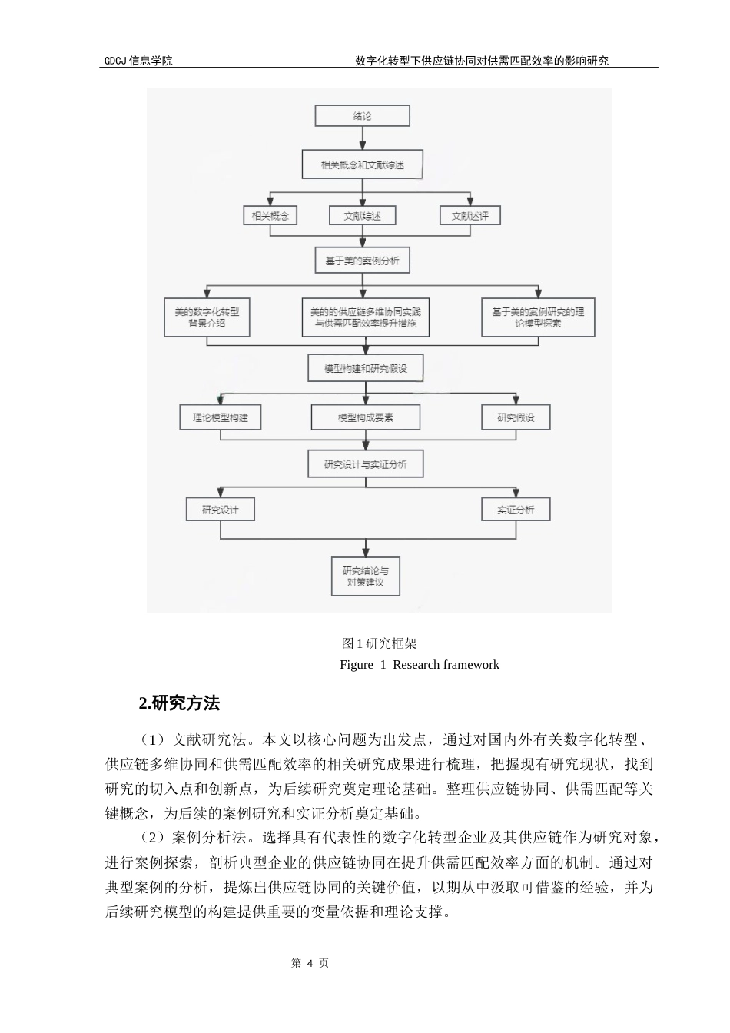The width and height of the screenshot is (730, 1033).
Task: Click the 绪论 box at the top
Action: pyautogui.click(x=362, y=116)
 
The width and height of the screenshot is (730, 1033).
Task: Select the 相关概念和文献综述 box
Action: pyautogui.click(x=362, y=164)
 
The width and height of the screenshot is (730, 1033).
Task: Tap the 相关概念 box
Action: pyautogui.click(x=270, y=216)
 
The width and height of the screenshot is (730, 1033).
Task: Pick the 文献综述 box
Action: pyautogui.click(x=362, y=216)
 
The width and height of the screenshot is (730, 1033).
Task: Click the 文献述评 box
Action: pyautogui.click(x=470, y=216)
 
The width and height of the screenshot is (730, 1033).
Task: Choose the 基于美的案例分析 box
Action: pyautogui.click(x=362, y=261)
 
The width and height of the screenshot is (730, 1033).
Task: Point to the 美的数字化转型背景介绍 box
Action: pyautogui.click(x=207, y=317)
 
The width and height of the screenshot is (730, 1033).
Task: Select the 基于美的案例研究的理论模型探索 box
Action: pyautogui.click(x=538, y=317)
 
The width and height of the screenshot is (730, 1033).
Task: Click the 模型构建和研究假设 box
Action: pyautogui.click(x=365, y=368)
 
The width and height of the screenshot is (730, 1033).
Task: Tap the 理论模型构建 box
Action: pyautogui.click(x=221, y=417)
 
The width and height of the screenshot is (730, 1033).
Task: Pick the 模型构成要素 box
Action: pyautogui.click(x=365, y=417)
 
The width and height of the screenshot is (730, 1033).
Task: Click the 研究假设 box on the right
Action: pyautogui.click(x=516, y=417)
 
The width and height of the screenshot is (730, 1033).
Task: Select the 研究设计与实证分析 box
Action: pyautogui.click(x=365, y=464)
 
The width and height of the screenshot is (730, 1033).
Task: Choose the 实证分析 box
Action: pyautogui.click(x=516, y=510)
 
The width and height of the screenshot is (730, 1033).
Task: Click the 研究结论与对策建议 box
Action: pyautogui.click(x=365, y=576)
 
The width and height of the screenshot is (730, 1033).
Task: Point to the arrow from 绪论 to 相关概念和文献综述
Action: pyautogui.click(x=362, y=139)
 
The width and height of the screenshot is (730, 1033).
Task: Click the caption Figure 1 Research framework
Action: pyautogui.click(x=419, y=665)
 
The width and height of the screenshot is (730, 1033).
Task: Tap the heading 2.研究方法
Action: pyautogui.click(x=179, y=703)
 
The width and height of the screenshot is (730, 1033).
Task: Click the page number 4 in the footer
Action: pyautogui.click(x=310, y=963)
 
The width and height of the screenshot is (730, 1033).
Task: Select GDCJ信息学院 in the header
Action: pyautogui.click(x=138, y=61)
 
